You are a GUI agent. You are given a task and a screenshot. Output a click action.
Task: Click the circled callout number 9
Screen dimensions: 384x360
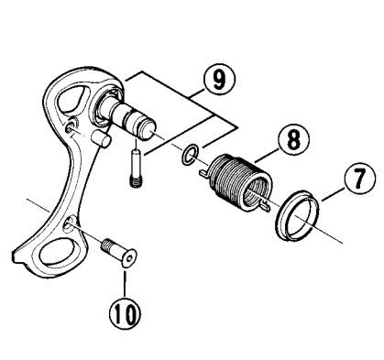219,80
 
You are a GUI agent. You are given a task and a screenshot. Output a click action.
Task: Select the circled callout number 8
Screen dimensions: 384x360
293,140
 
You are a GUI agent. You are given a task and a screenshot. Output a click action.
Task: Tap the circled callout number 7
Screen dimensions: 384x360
359,178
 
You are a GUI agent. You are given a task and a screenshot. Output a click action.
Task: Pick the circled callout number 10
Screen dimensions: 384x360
126,312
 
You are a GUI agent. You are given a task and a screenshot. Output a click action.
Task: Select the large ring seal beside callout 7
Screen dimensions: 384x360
297,215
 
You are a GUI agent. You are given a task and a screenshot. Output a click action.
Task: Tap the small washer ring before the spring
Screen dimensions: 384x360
190,156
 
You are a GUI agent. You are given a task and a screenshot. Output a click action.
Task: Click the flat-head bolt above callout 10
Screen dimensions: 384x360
118,253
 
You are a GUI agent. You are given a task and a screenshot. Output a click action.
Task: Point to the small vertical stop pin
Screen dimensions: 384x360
135,169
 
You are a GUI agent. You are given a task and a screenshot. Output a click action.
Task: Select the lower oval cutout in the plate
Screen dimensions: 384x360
57,254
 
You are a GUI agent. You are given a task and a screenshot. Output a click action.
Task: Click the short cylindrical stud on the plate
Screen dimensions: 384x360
102,138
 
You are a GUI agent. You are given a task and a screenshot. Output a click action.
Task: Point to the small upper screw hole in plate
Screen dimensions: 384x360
70,125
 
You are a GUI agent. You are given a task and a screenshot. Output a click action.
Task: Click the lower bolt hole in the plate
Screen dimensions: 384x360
68,224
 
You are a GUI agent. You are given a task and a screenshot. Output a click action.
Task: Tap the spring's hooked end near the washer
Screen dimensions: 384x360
204,172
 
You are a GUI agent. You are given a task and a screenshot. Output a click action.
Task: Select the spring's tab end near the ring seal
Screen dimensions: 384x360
263,206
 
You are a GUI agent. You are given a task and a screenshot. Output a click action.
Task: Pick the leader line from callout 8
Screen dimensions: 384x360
267,156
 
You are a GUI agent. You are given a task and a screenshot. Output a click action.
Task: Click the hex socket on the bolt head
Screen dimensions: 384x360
130,259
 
